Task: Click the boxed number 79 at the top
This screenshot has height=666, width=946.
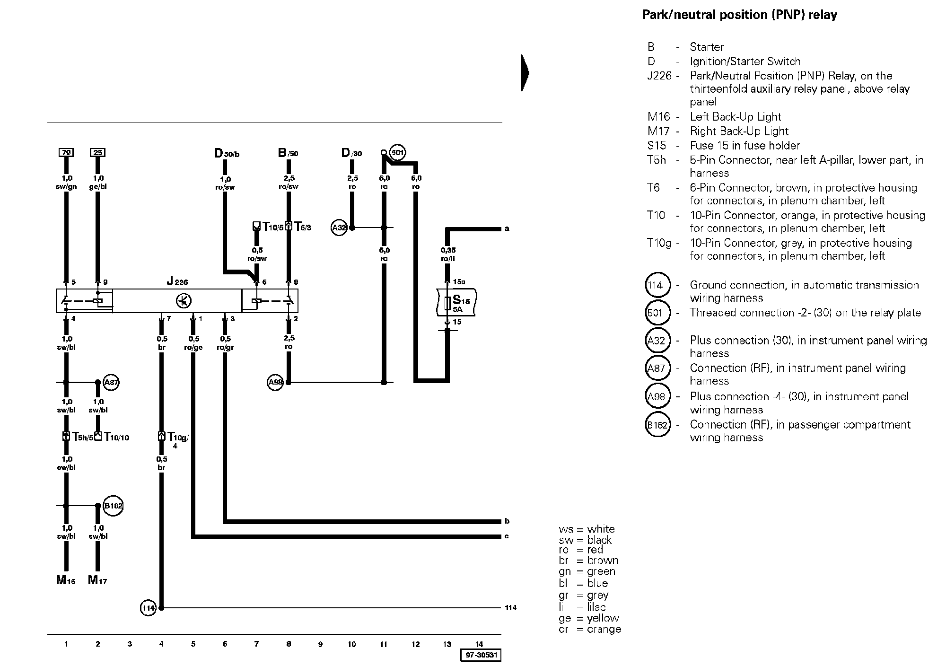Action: pos(66,152)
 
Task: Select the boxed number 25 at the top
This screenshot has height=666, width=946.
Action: pos(97,152)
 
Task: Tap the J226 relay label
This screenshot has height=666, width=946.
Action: pos(177,282)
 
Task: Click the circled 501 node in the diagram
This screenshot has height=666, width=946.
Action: pos(398,152)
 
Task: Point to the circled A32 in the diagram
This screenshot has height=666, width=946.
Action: pos(339,228)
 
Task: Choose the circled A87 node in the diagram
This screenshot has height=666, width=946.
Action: pos(111,382)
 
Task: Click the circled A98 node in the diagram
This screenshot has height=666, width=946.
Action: pos(275,382)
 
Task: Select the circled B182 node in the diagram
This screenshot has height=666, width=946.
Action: pos(113,506)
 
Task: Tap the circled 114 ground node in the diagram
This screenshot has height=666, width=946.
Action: pos(148,608)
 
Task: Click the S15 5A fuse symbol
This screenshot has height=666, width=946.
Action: pos(447,303)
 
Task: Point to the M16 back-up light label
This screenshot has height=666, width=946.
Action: pos(66,580)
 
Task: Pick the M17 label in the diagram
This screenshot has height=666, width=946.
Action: pos(97,580)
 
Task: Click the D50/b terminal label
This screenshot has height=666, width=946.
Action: pos(227,153)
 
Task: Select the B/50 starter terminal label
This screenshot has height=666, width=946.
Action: pos(288,153)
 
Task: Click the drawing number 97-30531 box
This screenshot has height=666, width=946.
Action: pos(481,656)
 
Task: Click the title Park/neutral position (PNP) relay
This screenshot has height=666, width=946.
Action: pos(739,15)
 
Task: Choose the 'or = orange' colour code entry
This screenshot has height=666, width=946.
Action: pos(589,630)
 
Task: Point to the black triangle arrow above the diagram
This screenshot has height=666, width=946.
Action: pos(525,73)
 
